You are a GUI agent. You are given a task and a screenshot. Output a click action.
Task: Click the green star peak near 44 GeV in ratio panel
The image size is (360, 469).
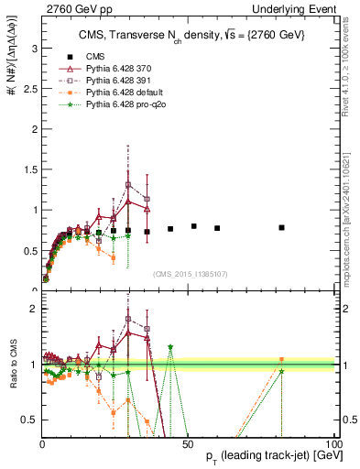[x=170, y=347]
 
